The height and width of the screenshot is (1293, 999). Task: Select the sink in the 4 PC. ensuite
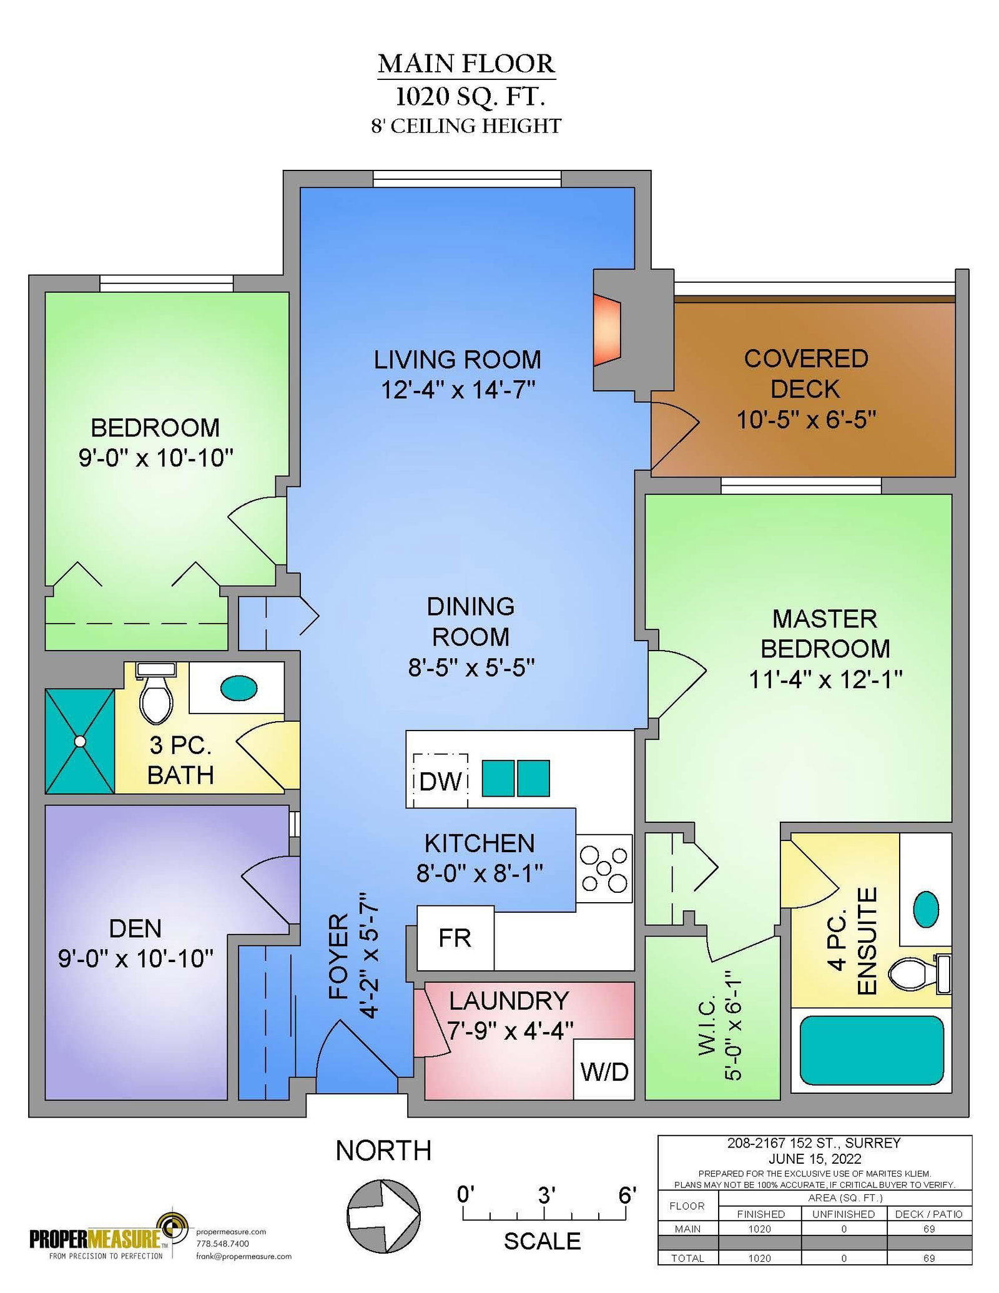click(925, 909)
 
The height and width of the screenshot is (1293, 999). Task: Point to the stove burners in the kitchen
click(604, 868)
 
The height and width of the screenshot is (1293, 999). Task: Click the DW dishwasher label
click(440, 782)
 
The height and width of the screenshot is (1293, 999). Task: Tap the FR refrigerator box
click(455, 938)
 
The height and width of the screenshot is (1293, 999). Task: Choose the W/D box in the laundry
click(604, 1072)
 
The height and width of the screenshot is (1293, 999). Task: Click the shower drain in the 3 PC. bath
click(80, 741)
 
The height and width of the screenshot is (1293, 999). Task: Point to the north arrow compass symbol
click(383, 1217)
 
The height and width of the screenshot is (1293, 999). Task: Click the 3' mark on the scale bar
click(544, 1213)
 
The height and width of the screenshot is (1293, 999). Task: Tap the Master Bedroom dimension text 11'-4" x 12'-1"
click(825, 679)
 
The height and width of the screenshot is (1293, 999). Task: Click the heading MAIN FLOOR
click(466, 64)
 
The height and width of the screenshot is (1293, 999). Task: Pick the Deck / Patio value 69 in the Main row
click(929, 1229)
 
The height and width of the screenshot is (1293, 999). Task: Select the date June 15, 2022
click(815, 1159)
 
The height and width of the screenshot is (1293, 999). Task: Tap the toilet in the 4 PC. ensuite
click(919, 974)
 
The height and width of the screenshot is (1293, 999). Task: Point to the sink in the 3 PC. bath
click(239, 688)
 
